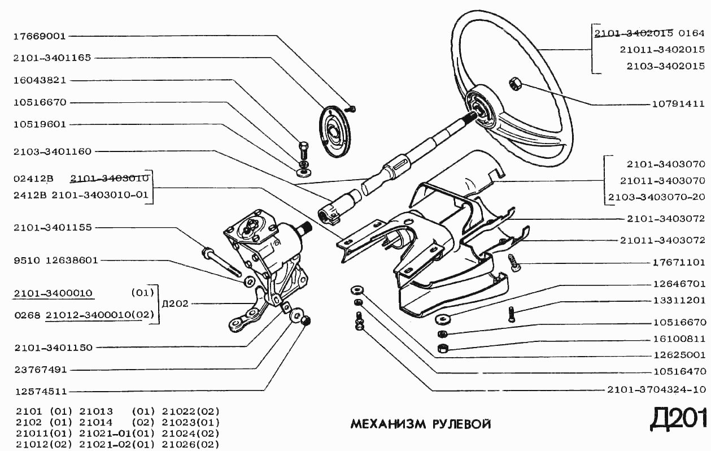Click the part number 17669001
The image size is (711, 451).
[x=39, y=36]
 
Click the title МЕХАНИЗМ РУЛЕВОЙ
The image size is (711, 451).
[x=421, y=424]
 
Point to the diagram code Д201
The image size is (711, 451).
[x=678, y=419]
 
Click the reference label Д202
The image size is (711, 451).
[x=175, y=303]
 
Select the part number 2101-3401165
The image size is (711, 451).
[x=52, y=58]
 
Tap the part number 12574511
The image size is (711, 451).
[x=40, y=391]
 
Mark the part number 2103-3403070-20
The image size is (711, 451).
[x=656, y=197]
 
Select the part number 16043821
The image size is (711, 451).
[x=39, y=80]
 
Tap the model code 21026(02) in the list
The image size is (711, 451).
[x=190, y=444]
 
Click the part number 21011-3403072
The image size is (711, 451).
[x=662, y=240]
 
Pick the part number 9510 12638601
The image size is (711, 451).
[x=55, y=261]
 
